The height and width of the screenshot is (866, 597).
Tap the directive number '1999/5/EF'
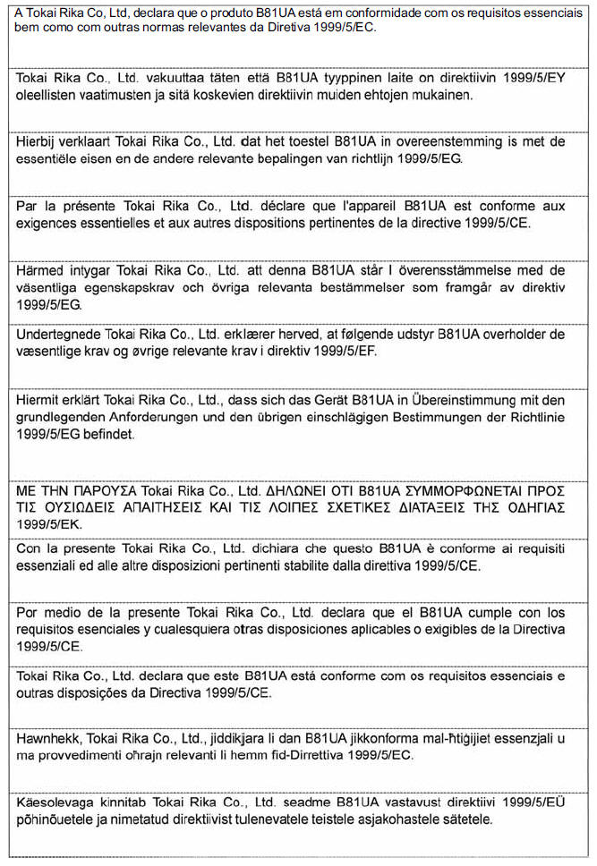(345, 350)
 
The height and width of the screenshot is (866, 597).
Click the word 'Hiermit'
(39, 400)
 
